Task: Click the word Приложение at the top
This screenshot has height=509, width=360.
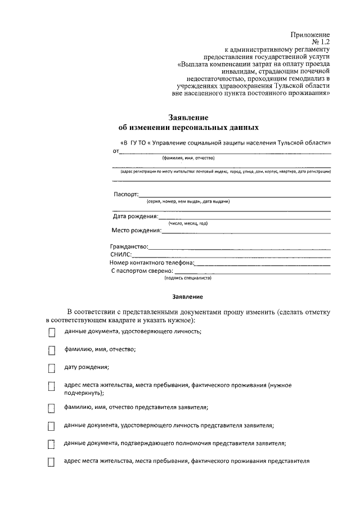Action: click(x=310, y=35)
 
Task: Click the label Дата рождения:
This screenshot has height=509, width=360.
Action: click(x=136, y=216)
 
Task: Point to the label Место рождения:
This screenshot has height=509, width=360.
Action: click(x=136, y=230)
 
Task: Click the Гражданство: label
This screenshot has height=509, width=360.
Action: click(x=129, y=247)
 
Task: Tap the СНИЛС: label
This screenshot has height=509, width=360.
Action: click(x=121, y=254)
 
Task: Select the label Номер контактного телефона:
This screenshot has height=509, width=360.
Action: click(x=152, y=262)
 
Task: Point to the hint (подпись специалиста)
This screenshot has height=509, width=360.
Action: click(x=187, y=278)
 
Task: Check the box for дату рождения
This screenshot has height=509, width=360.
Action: click(x=52, y=368)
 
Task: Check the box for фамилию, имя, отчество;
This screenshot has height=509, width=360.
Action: click(x=52, y=350)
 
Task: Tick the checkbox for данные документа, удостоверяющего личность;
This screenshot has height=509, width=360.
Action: click(x=52, y=332)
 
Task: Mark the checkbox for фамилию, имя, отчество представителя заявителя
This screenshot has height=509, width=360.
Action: click(x=52, y=407)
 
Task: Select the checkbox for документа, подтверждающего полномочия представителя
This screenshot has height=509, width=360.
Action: click(x=52, y=444)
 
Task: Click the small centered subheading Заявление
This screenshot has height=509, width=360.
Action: click(x=187, y=296)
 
